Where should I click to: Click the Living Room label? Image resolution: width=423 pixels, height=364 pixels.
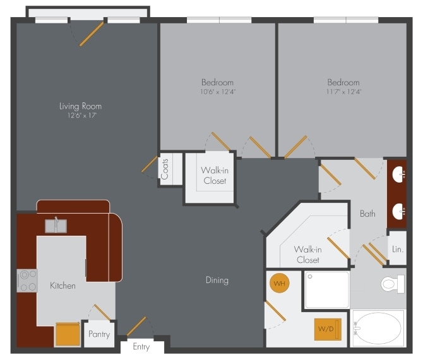(x=80, y=106)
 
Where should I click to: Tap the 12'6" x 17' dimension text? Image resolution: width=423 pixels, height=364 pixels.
(x=80, y=116)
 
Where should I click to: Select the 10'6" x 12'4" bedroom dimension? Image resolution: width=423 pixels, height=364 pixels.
(x=217, y=92)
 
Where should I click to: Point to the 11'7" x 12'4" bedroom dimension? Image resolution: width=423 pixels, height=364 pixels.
(x=343, y=92)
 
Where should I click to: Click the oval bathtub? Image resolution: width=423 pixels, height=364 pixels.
(x=378, y=329)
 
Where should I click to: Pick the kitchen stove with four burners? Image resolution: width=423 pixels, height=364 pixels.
(x=27, y=281)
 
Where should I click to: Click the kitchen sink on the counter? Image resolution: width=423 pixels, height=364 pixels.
(x=56, y=225)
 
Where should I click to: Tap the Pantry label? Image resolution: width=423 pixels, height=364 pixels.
(x=99, y=334)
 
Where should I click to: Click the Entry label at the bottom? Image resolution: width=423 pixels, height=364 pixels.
(x=141, y=347)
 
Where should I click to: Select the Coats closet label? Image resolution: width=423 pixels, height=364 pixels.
(x=165, y=169)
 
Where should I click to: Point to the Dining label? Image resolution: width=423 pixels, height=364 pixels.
(x=217, y=280)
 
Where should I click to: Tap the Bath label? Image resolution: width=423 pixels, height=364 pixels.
(x=367, y=214)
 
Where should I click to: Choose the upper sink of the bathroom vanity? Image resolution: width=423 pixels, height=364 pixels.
(x=398, y=176)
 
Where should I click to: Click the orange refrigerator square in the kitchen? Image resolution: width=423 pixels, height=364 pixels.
(x=68, y=334)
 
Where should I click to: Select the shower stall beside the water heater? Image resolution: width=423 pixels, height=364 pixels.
(x=326, y=290)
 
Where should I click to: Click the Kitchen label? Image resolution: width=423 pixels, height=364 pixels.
(x=63, y=286)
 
